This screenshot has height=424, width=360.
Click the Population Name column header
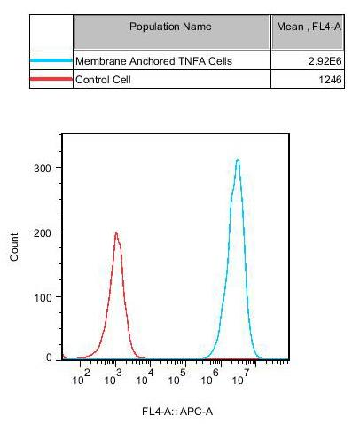click(x=170, y=27)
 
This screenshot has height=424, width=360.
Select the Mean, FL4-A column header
click(x=309, y=27)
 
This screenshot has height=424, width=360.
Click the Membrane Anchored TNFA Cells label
click(x=153, y=61)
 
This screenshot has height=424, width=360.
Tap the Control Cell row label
click(x=103, y=80)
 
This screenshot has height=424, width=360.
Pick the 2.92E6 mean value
click(x=325, y=61)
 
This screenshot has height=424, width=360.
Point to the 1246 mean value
click(x=330, y=80)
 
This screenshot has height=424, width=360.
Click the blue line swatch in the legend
click(x=51, y=60)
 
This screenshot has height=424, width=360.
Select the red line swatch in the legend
click(x=51, y=79)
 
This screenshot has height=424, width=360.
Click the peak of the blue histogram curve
click(x=238, y=160)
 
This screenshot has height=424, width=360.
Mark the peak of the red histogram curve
click(x=116, y=232)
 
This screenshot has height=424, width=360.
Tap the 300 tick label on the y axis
click(x=43, y=169)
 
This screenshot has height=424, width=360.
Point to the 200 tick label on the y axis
click(x=43, y=233)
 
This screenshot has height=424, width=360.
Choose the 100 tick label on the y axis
click(x=43, y=297)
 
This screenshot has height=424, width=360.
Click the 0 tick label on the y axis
click(x=49, y=357)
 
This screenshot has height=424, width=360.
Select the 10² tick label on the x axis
click(x=81, y=377)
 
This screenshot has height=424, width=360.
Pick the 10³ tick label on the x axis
click(x=113, y=377)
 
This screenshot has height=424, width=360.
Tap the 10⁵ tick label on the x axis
click(x=176, y=377)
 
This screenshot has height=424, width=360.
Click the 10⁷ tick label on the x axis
click(x=240, y=377)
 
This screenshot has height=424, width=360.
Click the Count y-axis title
click(x=14, y=247)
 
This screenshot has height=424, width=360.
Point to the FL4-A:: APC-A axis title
click(x=177, y=412)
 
